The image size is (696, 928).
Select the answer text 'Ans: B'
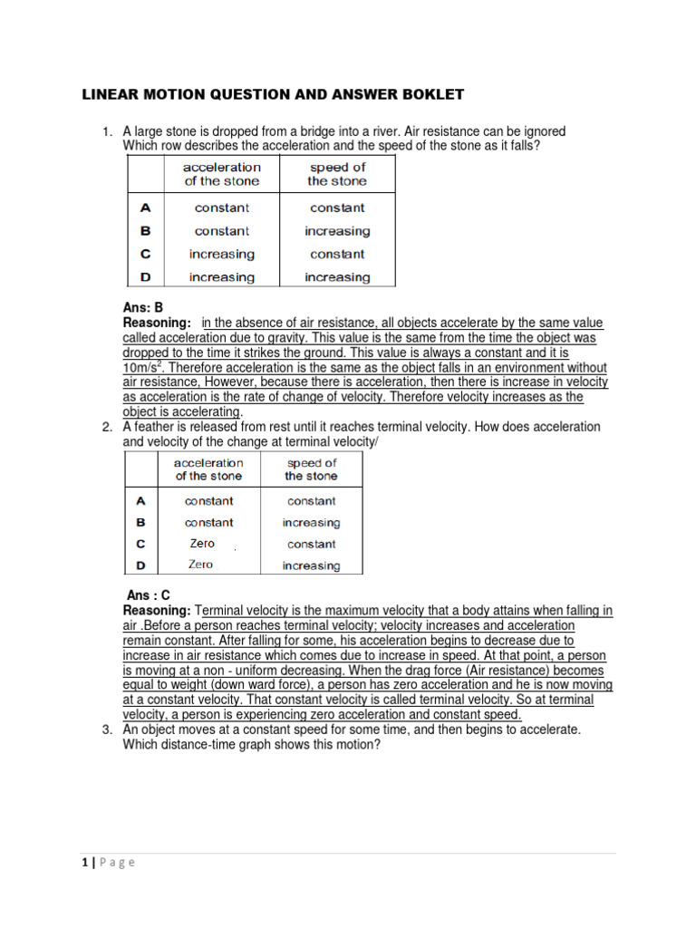click(142, 308)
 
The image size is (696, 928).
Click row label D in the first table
click(145, 277)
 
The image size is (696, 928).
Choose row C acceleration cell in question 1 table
click(222, 255)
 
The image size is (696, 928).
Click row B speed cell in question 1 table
click(337, 231)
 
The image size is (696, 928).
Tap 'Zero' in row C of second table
click(202, 544)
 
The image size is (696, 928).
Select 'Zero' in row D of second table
click(201, 565)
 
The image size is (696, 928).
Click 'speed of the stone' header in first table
click(337, 174)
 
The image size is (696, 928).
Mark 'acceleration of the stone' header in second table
click(208, 469)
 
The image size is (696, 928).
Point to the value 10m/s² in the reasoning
click(143, 368)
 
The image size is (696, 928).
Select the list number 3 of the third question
click(106, 730)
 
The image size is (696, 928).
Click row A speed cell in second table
click(311, 501)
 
